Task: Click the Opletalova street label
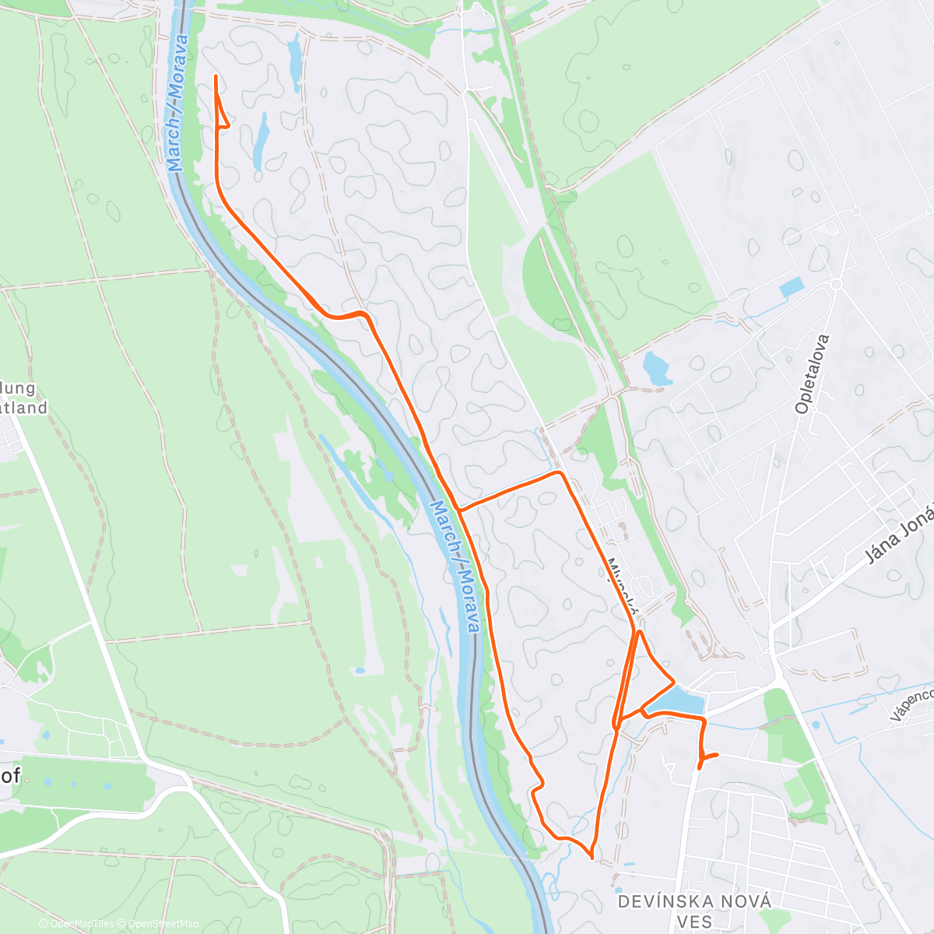[813, 374]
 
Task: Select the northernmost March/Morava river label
[177, 103]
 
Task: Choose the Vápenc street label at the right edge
[911, 704]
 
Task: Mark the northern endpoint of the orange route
[215, 75]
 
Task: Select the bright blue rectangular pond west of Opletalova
[793, 286]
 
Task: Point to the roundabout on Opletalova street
[836, 285]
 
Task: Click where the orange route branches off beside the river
[459, 510]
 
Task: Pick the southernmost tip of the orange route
[593, 858]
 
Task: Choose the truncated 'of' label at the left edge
[11, 775]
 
